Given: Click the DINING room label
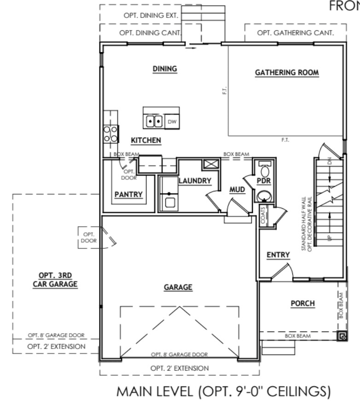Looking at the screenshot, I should (165, 69).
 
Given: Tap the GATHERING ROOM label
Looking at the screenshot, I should (287, 73).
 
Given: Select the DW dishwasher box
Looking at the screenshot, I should (172, 121).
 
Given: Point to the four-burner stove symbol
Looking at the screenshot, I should (111, 133).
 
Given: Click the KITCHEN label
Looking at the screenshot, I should (145, 140).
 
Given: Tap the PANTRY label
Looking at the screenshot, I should (128, 195).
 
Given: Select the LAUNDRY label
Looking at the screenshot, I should (194, 181).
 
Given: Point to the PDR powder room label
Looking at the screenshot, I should (263, 181).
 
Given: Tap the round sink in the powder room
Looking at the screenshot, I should (264, 197).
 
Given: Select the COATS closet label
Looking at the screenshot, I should (263, 215).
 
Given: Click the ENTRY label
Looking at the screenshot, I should (278, 255).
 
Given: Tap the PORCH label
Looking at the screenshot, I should (302, 303).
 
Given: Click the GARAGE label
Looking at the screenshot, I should (178, 287).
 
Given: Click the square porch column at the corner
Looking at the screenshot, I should (342, 337).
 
